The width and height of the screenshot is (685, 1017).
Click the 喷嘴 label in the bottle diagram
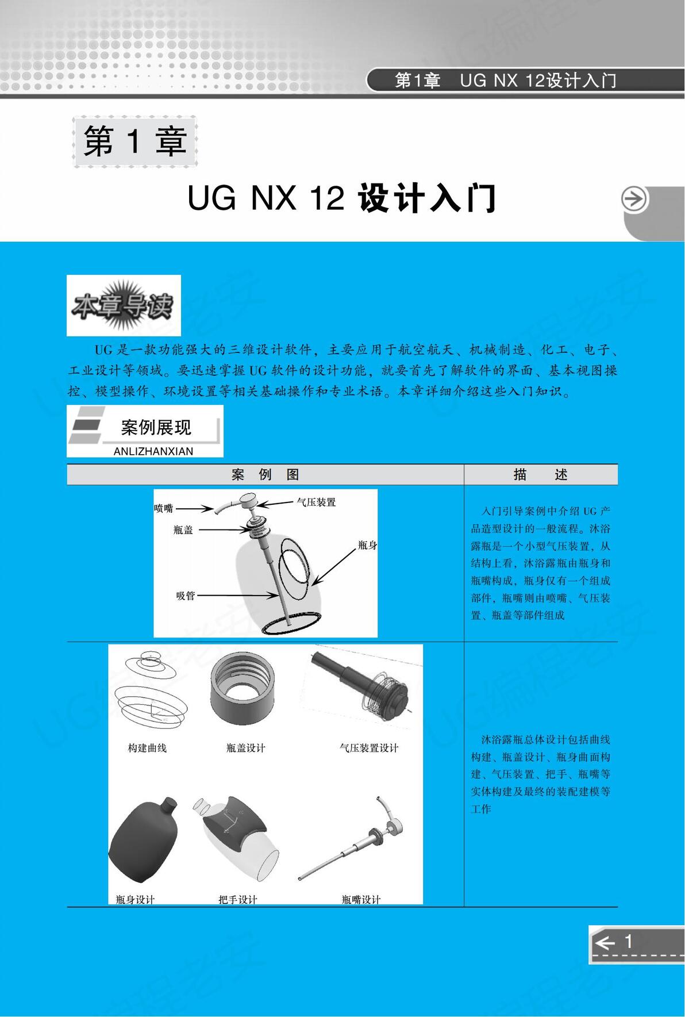pos(164,508)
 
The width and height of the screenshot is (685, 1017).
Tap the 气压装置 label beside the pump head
pos(316,502)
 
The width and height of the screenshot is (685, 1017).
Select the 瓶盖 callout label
pos(183,530)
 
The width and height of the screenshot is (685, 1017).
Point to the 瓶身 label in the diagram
pos(367,545)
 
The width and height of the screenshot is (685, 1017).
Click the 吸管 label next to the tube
pos(186,596)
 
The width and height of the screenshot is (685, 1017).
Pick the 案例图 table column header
pos(265,475)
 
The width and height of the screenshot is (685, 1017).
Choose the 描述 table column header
pos(540,475)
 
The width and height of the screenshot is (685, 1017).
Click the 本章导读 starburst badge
pos(123,305)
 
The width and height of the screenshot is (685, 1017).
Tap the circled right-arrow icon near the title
pos(634,199)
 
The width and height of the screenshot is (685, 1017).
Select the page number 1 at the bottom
pos(628,941)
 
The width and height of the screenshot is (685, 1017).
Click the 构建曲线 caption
pos(147,748)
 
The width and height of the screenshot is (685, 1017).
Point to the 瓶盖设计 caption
pos(246,748)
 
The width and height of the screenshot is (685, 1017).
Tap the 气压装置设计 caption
pos(369,748)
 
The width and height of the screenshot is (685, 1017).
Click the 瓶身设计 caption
pos(135,899)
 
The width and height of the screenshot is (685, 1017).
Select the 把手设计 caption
pos(238,899)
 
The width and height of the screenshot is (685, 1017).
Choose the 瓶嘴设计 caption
pos(361,899)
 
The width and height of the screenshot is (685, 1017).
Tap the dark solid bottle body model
pos(144,839)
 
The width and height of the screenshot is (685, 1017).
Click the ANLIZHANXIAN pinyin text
pos(153,451)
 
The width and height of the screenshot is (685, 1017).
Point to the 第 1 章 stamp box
pos(135,141)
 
